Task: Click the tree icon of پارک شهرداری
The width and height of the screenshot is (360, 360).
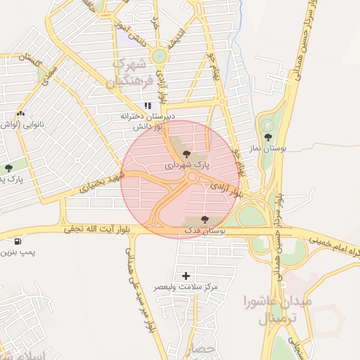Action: click(x=186, y=153)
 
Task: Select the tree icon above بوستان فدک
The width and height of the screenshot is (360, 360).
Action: click(x=205, y=219)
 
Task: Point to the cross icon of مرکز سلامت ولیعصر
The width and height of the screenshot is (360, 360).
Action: click(x=186, y=276)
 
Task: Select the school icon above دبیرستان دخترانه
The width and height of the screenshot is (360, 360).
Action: click(x=148, y=105)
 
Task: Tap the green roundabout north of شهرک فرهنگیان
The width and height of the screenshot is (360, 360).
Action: click(x=160, y=56)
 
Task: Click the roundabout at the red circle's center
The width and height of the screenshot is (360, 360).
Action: click(x=191, y=177)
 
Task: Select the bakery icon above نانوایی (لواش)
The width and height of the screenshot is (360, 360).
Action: click(x=20, y=113)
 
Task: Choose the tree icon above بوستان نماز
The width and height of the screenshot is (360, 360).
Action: click(x=267, y=138)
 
